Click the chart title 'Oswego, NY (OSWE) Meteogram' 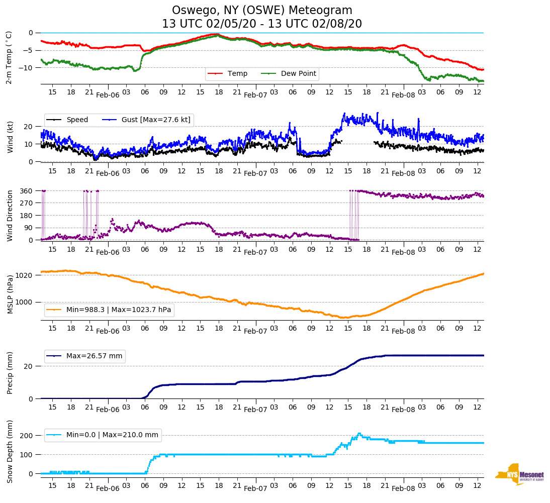point(262,11)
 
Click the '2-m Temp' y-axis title point(9,57)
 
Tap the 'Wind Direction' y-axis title point(10,216)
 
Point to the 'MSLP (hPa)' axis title point(10,294)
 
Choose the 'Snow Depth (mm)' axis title point(10,451)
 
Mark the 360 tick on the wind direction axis point(26,191)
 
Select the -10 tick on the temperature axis point(27,68)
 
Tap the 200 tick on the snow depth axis point(27,436)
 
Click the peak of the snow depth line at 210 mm point(359,434)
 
